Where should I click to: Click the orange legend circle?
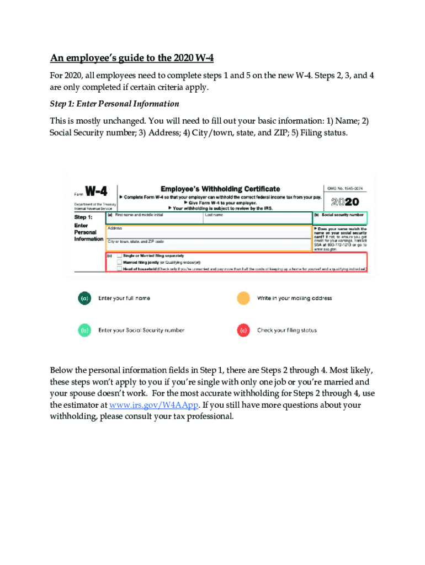243,298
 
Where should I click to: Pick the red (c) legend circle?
243,330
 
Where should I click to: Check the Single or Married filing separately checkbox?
119,256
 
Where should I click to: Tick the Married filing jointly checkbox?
119,262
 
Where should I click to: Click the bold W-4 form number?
95,191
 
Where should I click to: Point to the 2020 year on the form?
345,202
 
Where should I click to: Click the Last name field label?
214,215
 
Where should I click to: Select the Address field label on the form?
115,228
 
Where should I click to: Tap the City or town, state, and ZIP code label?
135,242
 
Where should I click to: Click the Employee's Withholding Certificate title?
220,189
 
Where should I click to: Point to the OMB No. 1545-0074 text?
345,189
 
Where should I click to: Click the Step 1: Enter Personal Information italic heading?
114,104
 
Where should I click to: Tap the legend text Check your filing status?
287,331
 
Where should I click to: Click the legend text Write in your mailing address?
294,299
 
